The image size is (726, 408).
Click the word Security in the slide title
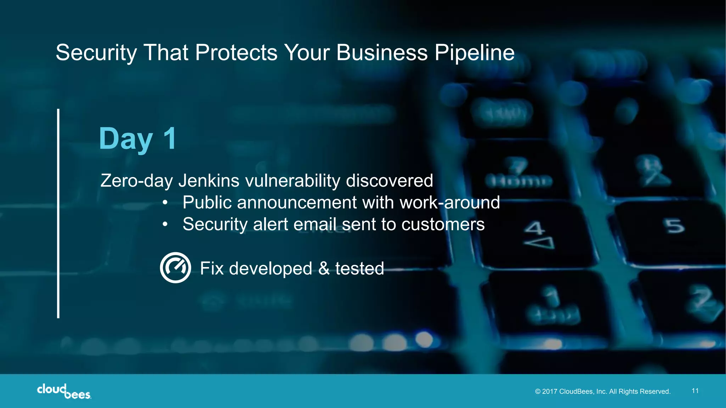(96, 53)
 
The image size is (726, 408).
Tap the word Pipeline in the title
(474, 53)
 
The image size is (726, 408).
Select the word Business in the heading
(382, 53)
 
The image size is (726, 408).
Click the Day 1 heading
(138, 139)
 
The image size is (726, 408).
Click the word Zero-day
(136, 181)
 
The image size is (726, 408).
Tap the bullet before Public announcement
(165, 203)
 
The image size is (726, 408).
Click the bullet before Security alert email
(165, 225)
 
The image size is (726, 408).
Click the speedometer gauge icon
(175, 268)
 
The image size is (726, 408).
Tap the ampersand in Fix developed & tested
(324, 268)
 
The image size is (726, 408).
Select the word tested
(359, 268)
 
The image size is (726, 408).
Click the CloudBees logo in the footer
(64, 391)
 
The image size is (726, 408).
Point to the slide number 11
(695, 391)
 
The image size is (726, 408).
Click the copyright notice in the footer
(603, 391)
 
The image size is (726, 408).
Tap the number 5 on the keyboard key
(675, 226)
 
